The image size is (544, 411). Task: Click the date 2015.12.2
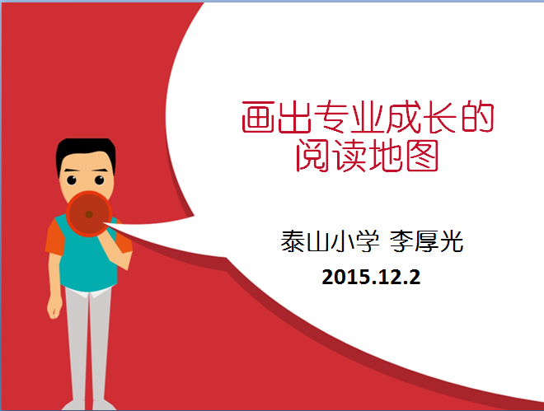pyautogui.click(x=371, y=277)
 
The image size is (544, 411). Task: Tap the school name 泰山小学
pyautogui.click(x=330, y=241)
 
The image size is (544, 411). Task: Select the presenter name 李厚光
pyautogui.click(x=426, y=241)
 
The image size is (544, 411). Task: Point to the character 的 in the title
pyautogui.click(x=477, y=117)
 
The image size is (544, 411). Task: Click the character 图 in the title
pyautogui.click(x=422, y=156)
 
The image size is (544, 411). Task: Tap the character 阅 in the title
pyautogui.click(x=312, y=156)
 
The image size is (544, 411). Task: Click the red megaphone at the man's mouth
pyautogui.click(x=89, y=214)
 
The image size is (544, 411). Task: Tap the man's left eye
pyautogui.click(x=72, y=180)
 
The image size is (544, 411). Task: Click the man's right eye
pyautogui.click(x=100, y=180)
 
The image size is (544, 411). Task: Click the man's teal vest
pyautogui.click(x=87, y=264)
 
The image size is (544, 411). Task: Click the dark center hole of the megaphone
pyautogui.click(x=89, y=214)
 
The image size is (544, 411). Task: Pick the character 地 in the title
pyautogui.click(x=386, y=156)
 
